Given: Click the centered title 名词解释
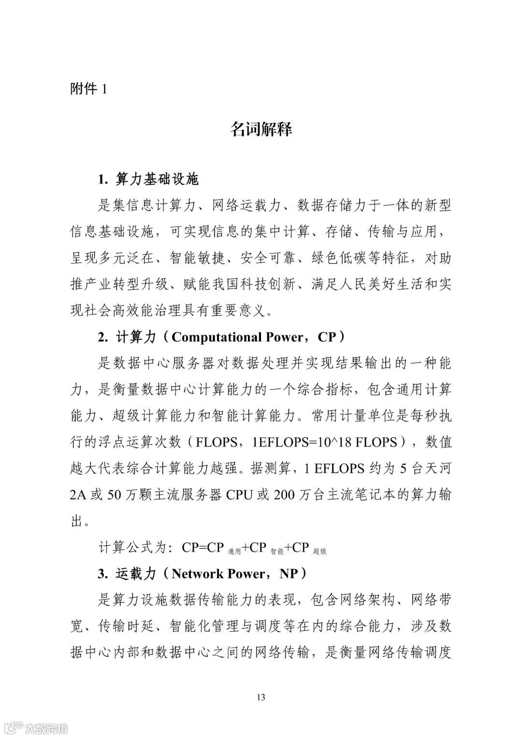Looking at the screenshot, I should coord(261,130).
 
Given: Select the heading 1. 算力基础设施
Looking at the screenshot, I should coord(148,180).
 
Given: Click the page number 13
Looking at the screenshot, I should coord(261,697).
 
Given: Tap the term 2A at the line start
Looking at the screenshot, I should coord(80,495).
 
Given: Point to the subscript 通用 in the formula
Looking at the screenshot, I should coord(234,551).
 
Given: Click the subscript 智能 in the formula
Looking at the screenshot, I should coord(277,551).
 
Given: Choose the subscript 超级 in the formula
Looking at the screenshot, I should coord(319,551).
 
